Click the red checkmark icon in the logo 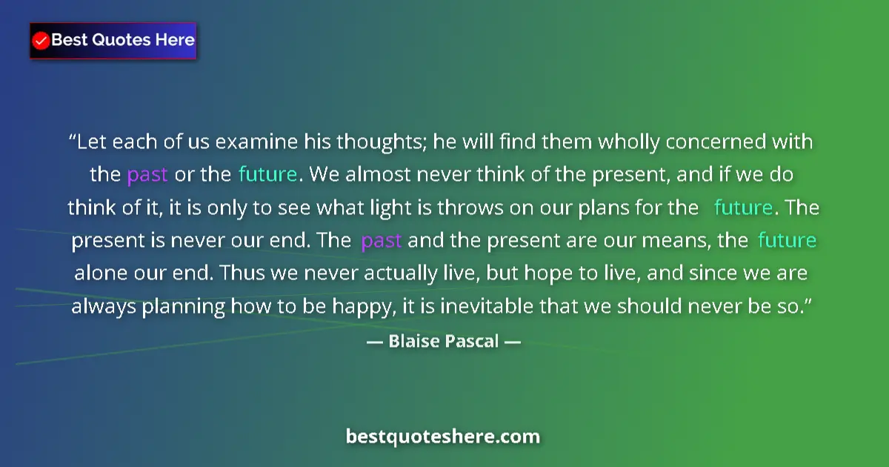(x=41, y=41)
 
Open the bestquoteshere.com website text (x=443, y=436)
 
